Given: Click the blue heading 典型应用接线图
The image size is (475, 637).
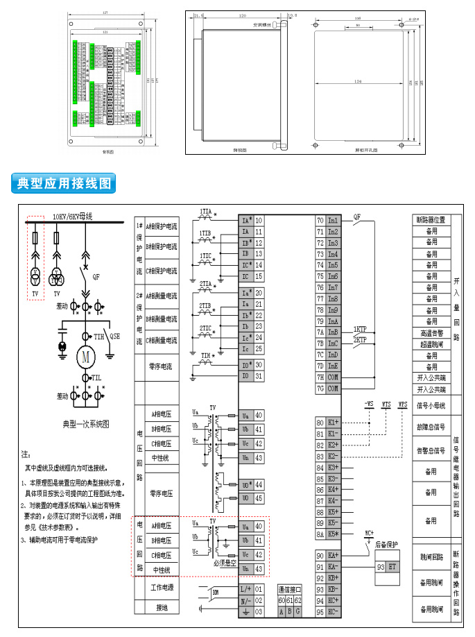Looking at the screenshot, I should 63,184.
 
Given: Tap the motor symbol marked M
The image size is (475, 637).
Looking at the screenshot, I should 87,359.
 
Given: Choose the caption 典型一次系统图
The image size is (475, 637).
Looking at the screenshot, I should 86,424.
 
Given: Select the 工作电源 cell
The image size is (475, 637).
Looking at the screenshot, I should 162,588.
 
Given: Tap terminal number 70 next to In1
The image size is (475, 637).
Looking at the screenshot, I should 320,220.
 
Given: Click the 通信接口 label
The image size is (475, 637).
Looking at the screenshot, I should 288,588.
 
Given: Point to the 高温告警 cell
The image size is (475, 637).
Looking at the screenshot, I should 431,332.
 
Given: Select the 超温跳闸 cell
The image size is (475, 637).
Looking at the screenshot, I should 431,343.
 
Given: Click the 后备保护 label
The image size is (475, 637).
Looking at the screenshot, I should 388,545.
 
